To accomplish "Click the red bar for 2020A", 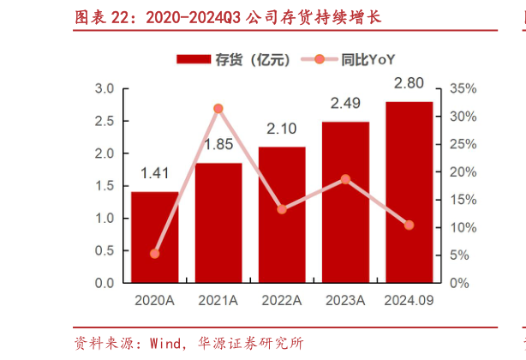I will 154,237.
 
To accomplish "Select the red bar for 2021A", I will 218,222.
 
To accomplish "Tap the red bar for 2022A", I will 282,214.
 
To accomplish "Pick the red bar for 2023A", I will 345,201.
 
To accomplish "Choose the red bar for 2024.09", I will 409,191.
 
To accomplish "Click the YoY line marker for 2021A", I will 218,109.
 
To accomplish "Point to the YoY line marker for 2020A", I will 154,254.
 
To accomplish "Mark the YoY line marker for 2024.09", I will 409,225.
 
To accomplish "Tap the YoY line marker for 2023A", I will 345,179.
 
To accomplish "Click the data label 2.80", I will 409,84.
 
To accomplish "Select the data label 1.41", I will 154,174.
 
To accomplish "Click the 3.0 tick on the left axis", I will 105,89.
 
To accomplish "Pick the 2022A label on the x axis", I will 282,300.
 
